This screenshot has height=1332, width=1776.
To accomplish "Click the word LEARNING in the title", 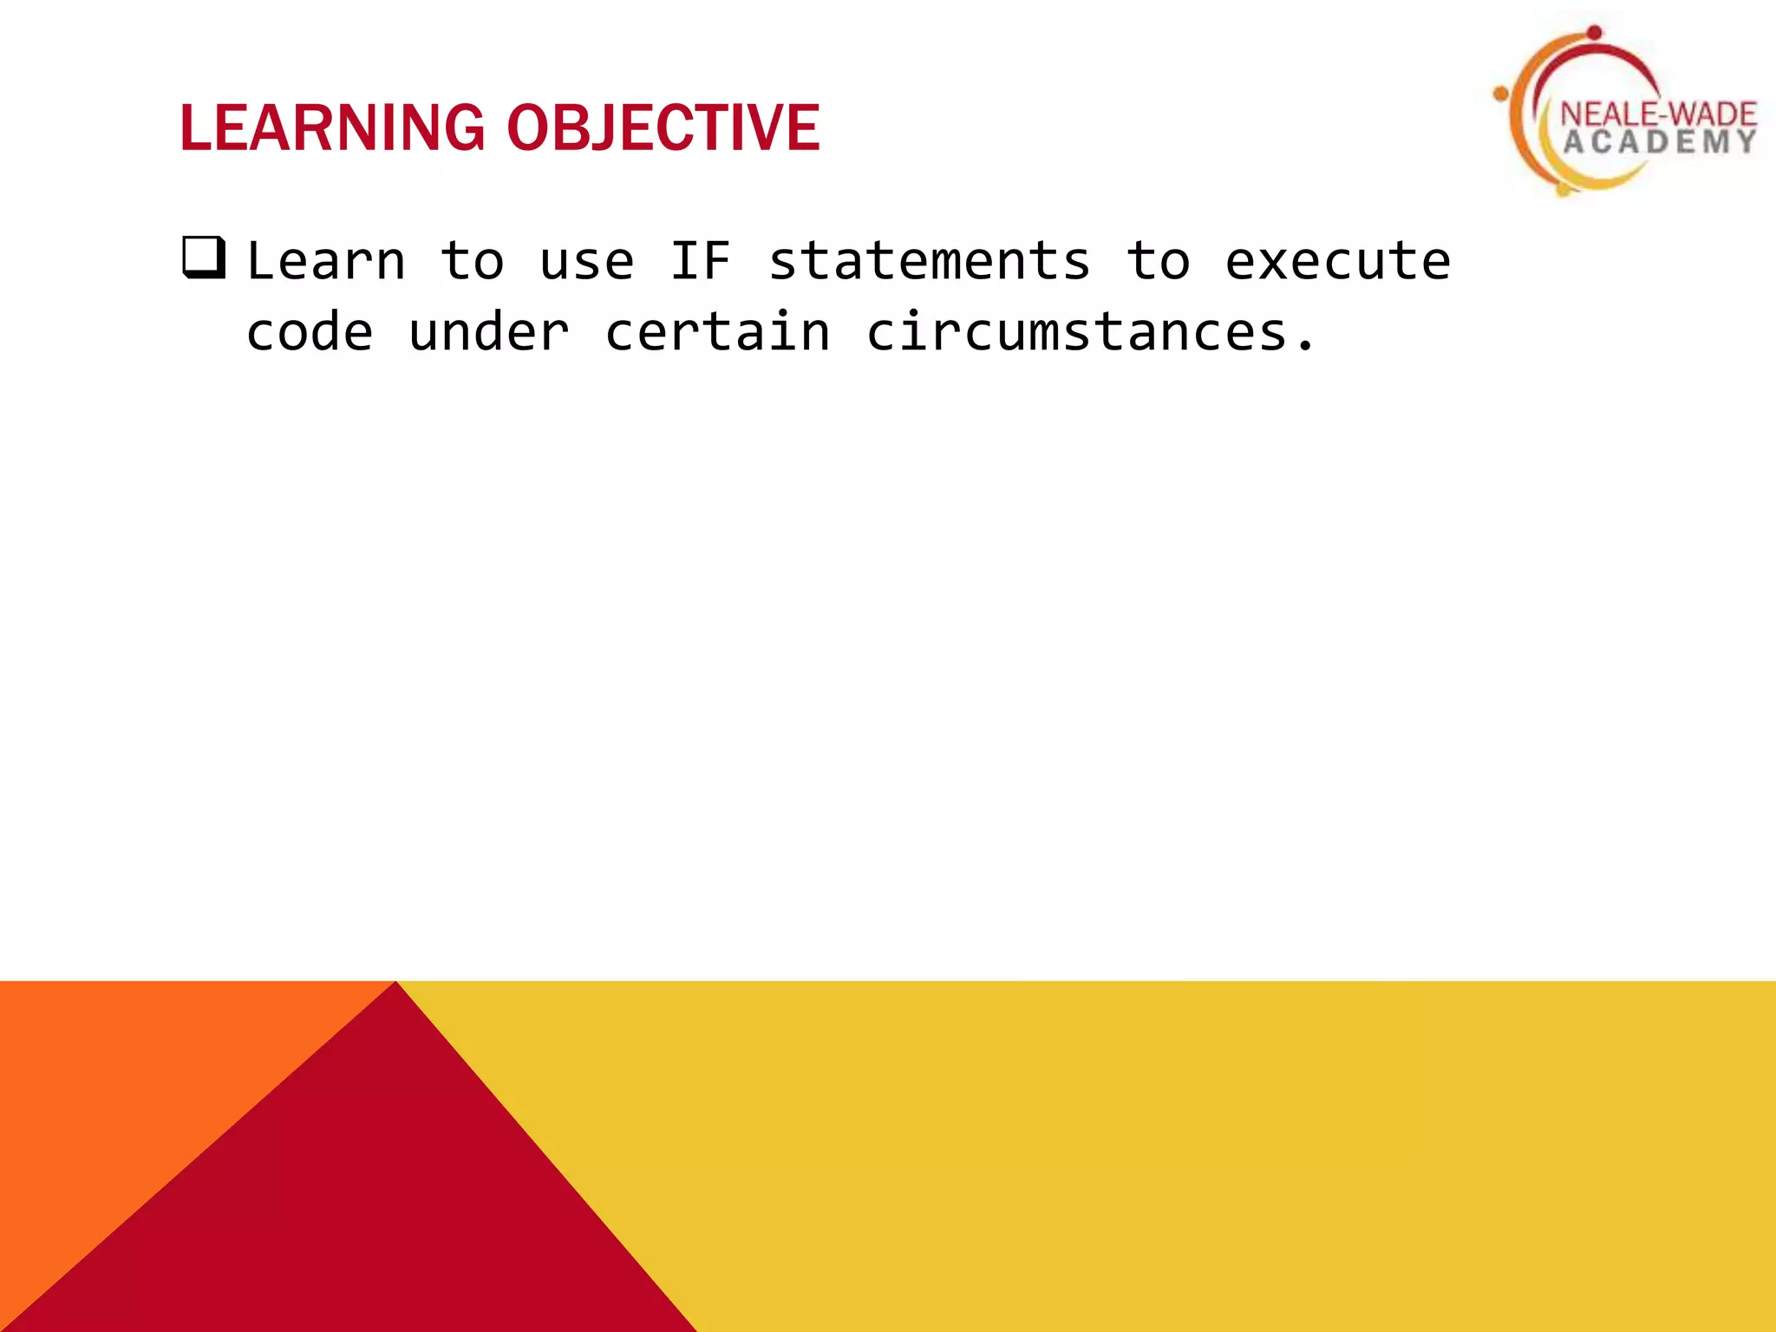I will coord(332,128).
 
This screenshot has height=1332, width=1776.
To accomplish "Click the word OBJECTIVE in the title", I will coord(663,128).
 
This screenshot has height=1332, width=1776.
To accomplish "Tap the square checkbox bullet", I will coord(204,258).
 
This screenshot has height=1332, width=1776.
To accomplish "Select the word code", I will coord(310,332).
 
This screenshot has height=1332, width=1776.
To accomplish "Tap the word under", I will coord(489,332).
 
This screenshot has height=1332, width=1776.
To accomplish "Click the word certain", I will coord(717,332).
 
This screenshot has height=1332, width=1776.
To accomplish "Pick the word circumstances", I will coord(1076,332).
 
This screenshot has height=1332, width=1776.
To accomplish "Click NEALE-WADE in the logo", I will coord(1657,114).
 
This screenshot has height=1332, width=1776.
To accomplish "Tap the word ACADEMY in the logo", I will coord(1659,142).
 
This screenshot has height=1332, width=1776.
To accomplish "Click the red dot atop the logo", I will coord(1595,33).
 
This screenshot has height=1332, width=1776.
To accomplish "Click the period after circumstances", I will coord(1305,349).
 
